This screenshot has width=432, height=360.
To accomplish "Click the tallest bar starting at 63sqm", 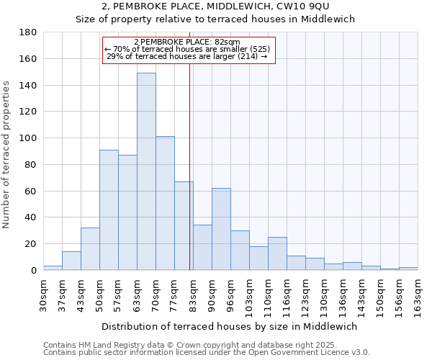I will pyautogui.click(x=146, y=171).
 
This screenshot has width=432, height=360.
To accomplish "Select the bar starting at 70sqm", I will pyautogui.click(x=165, y=203).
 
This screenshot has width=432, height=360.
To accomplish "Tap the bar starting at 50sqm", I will pyautogui.click(x=109, y=210).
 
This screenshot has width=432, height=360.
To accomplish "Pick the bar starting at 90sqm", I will pyautogui.click(x=221, y=229).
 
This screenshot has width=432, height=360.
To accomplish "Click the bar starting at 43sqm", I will pyautogui.click(x=90, y=248).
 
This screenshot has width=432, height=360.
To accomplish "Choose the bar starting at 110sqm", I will pyautogui.click(x=277, y=253).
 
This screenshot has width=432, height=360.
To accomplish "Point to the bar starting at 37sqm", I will pyautogui.click(x=71, y=261).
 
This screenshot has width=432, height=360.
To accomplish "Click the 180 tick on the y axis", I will pyautogui.click(x=29, y=32).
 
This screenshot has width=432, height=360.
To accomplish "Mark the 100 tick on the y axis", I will pyautogui.click(x=29, y=138).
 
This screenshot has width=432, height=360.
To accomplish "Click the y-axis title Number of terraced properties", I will pyautogui.click(x=6, y=155).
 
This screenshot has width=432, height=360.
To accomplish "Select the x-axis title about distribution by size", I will pyautogui.click(x=230, y=326).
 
